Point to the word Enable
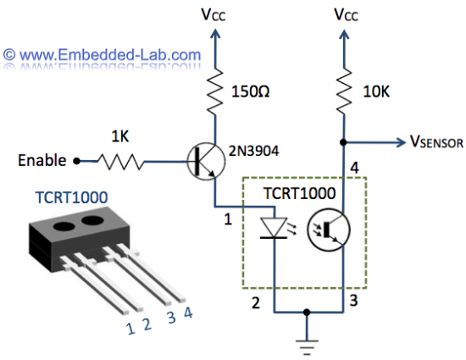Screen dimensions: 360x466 pos(42,159)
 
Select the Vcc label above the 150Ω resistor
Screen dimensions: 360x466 pos(218,14)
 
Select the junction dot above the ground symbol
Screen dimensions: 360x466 pos(308,312)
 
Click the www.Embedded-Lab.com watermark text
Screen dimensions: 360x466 pos(103,56)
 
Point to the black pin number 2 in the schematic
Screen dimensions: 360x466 pos(253,300)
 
